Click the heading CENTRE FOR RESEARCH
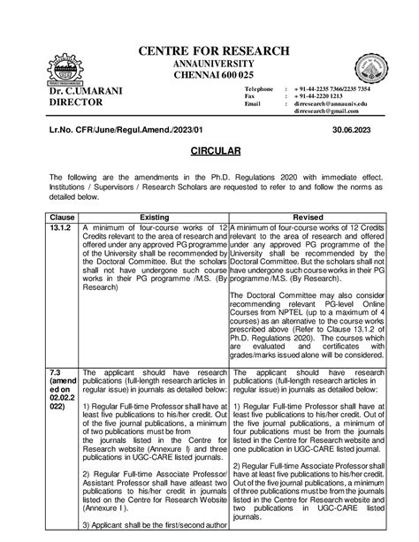point(209,50)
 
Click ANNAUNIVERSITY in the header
point(209,64)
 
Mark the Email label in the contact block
point(254,106)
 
